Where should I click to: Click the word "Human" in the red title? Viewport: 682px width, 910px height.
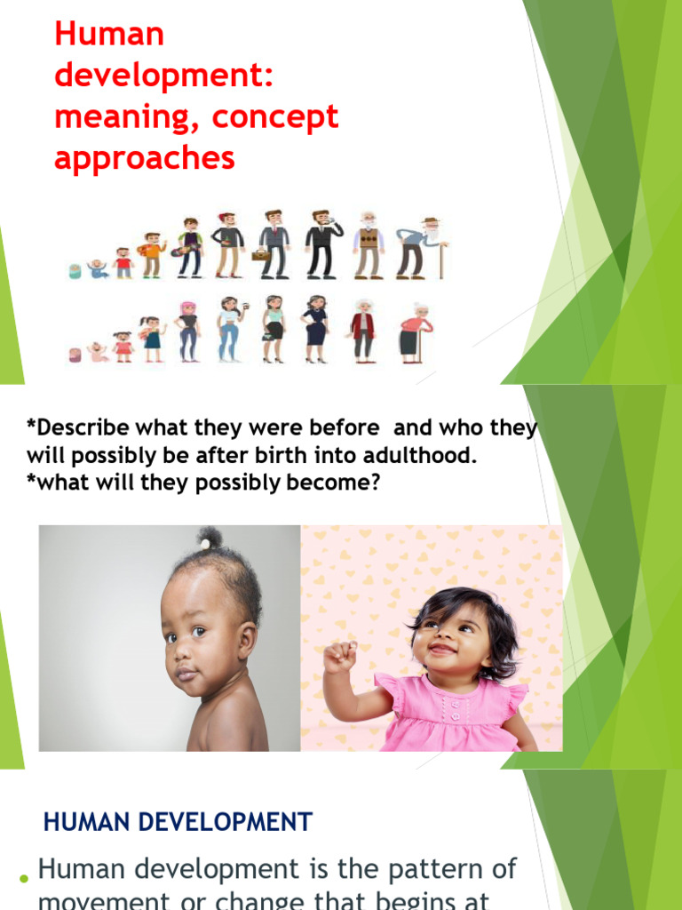[x=109, y=36]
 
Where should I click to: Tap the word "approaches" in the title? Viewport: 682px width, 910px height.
[x=145, y=158]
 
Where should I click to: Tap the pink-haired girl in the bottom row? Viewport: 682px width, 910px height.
[x=188, y=331]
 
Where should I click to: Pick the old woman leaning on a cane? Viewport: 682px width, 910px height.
[x=413, y=333]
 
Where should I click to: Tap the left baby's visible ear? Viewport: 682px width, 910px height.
[x=244, y=638]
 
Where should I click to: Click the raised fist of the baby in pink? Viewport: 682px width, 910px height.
[x=338, y=657]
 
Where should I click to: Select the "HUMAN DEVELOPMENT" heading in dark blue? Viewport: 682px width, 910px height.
[x=178, y=822]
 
